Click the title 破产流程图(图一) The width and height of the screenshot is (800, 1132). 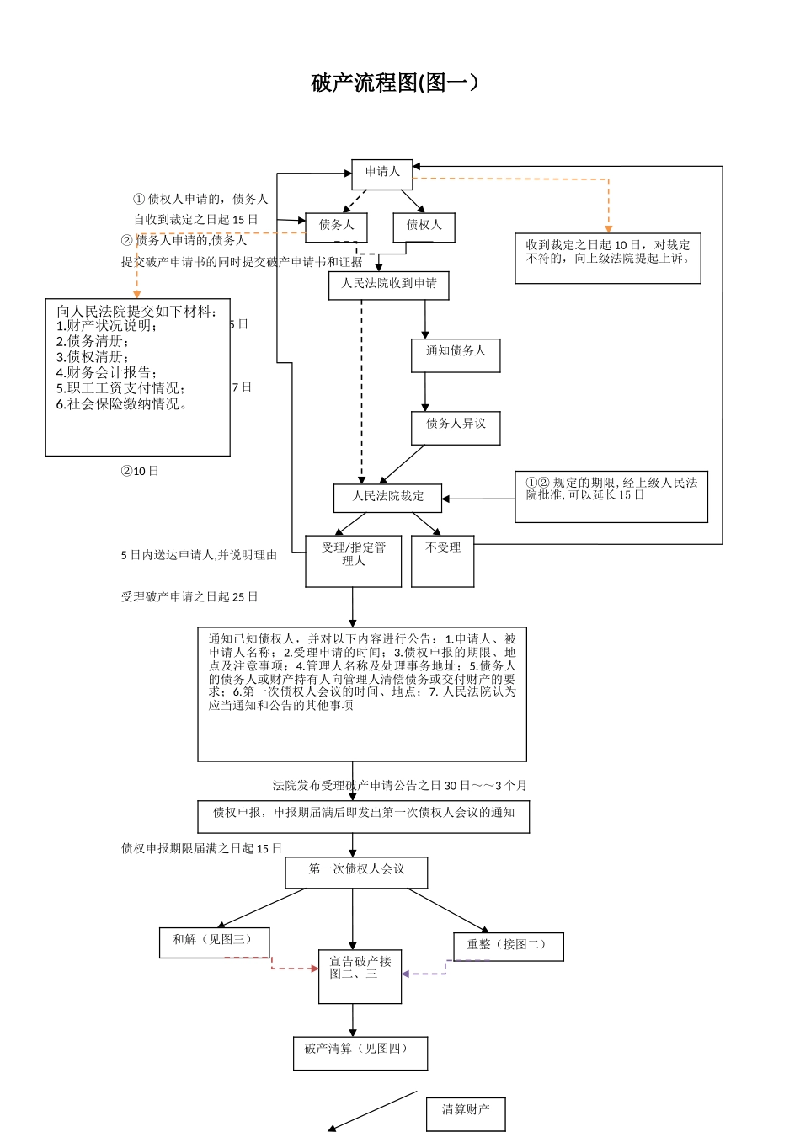pyautogui.click(x=396, y=83)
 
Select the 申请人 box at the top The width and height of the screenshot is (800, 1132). pyautogui.click(x=381, y=174)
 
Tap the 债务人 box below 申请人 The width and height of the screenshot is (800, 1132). pyautogui.click(x=336, y=227)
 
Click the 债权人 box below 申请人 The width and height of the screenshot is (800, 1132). pyautogui.click(x=424, y=227)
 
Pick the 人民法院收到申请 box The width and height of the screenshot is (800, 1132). pyautogui.click(x=388, y=285)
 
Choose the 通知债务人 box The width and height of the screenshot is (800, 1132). pyautogui.click(x=456, y=355)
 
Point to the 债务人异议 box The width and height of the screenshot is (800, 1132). pyautogui.click(x=456, y=427)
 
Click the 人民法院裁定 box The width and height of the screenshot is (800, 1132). pyautogui.click(x=388, y=497)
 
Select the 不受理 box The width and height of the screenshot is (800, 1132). pyautogui.click(x=443, y=560)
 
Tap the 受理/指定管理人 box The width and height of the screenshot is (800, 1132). pyautogui.click(x=353, y=560)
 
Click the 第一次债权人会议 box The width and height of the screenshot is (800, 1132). pyautogui.click(x=356, y=872)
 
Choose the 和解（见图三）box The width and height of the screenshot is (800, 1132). pyautogui.click(x=214, y=942)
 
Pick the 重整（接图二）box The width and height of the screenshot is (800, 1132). pyautogui.click(x=508, y=946)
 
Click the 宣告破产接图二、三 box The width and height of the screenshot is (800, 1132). pyautogui.click(x=360, y=975)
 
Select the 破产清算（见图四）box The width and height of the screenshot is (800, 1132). pyautogui.click(x=360, y=1053)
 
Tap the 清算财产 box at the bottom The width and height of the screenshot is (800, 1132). pyautogui.click(x=466, y=1113)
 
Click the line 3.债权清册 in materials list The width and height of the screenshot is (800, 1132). pyautogui.click(x=90, y=356)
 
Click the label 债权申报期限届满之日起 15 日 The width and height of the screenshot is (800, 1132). pyautogui.click(x=201, y=848)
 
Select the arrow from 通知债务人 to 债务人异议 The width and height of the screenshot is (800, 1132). pyautogui.click(x=425, y=392)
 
